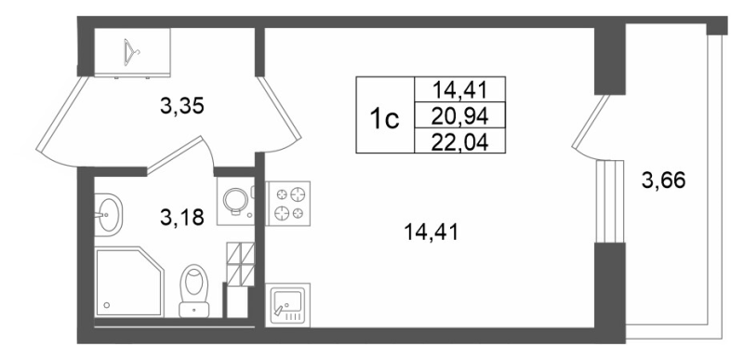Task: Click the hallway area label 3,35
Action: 182,106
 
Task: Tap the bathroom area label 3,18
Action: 182,218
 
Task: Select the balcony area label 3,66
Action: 663,180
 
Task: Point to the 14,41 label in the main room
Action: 431,233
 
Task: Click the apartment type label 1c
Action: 385,118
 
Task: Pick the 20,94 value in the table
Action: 459,115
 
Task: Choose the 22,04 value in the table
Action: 459,141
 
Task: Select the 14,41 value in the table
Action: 459,89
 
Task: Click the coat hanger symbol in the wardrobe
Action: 132,52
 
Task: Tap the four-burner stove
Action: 287,203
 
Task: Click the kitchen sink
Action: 287,305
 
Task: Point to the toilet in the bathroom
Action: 194,290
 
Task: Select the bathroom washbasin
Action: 108,214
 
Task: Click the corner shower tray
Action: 129,281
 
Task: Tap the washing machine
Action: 236,201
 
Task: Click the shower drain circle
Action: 108,305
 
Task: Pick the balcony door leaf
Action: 590,122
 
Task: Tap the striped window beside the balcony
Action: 609,202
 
